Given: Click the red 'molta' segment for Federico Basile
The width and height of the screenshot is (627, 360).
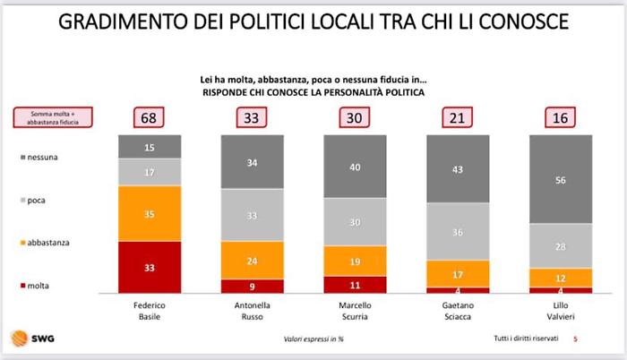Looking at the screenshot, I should (x=150, y=267).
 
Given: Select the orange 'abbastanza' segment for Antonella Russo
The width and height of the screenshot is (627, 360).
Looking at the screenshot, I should (x=253, y=261).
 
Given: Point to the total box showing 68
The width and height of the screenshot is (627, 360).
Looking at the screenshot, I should (x=150, y=118).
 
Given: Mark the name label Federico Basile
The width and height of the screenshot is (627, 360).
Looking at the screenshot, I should (x=150, y=310).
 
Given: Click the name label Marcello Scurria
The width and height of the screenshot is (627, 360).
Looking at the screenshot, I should (x=356, y=310).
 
